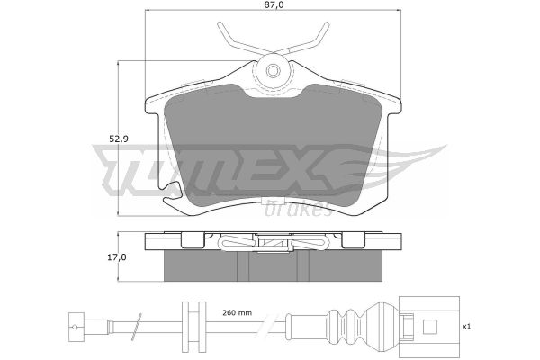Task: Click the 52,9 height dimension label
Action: pos(119,139)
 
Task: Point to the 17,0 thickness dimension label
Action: pos(117,257)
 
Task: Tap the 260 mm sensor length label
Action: pos(237,313)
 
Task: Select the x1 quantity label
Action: pos(466,327)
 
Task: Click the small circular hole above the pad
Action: pos(273,71)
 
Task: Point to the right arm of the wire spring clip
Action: pos(303,41)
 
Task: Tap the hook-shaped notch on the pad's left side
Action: pos(171,193)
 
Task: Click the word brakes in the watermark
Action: pos(298,209)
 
